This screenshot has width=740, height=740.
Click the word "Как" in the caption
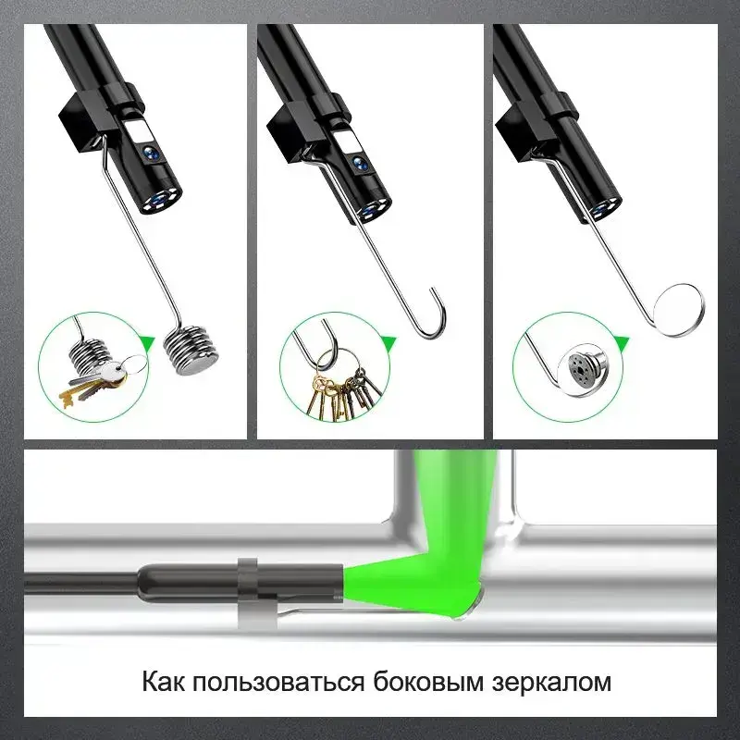[x=163, y=682]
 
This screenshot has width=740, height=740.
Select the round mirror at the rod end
[x=679, y=309]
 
